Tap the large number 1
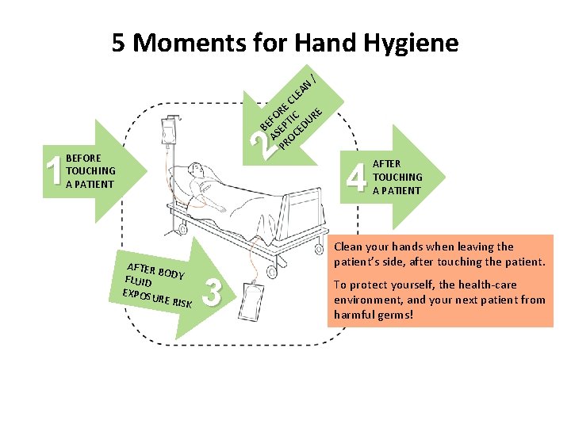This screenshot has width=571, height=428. [54, 171]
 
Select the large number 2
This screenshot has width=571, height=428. [259, 143]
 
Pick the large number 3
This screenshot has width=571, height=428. [211, 292]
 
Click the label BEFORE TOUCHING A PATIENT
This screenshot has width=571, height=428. [90, 171]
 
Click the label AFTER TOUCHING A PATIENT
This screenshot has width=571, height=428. [397, 177]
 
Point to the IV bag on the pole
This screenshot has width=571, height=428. [169, 130]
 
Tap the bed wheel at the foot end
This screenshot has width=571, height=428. [272, 273]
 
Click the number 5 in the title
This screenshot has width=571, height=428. [120, 42]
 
